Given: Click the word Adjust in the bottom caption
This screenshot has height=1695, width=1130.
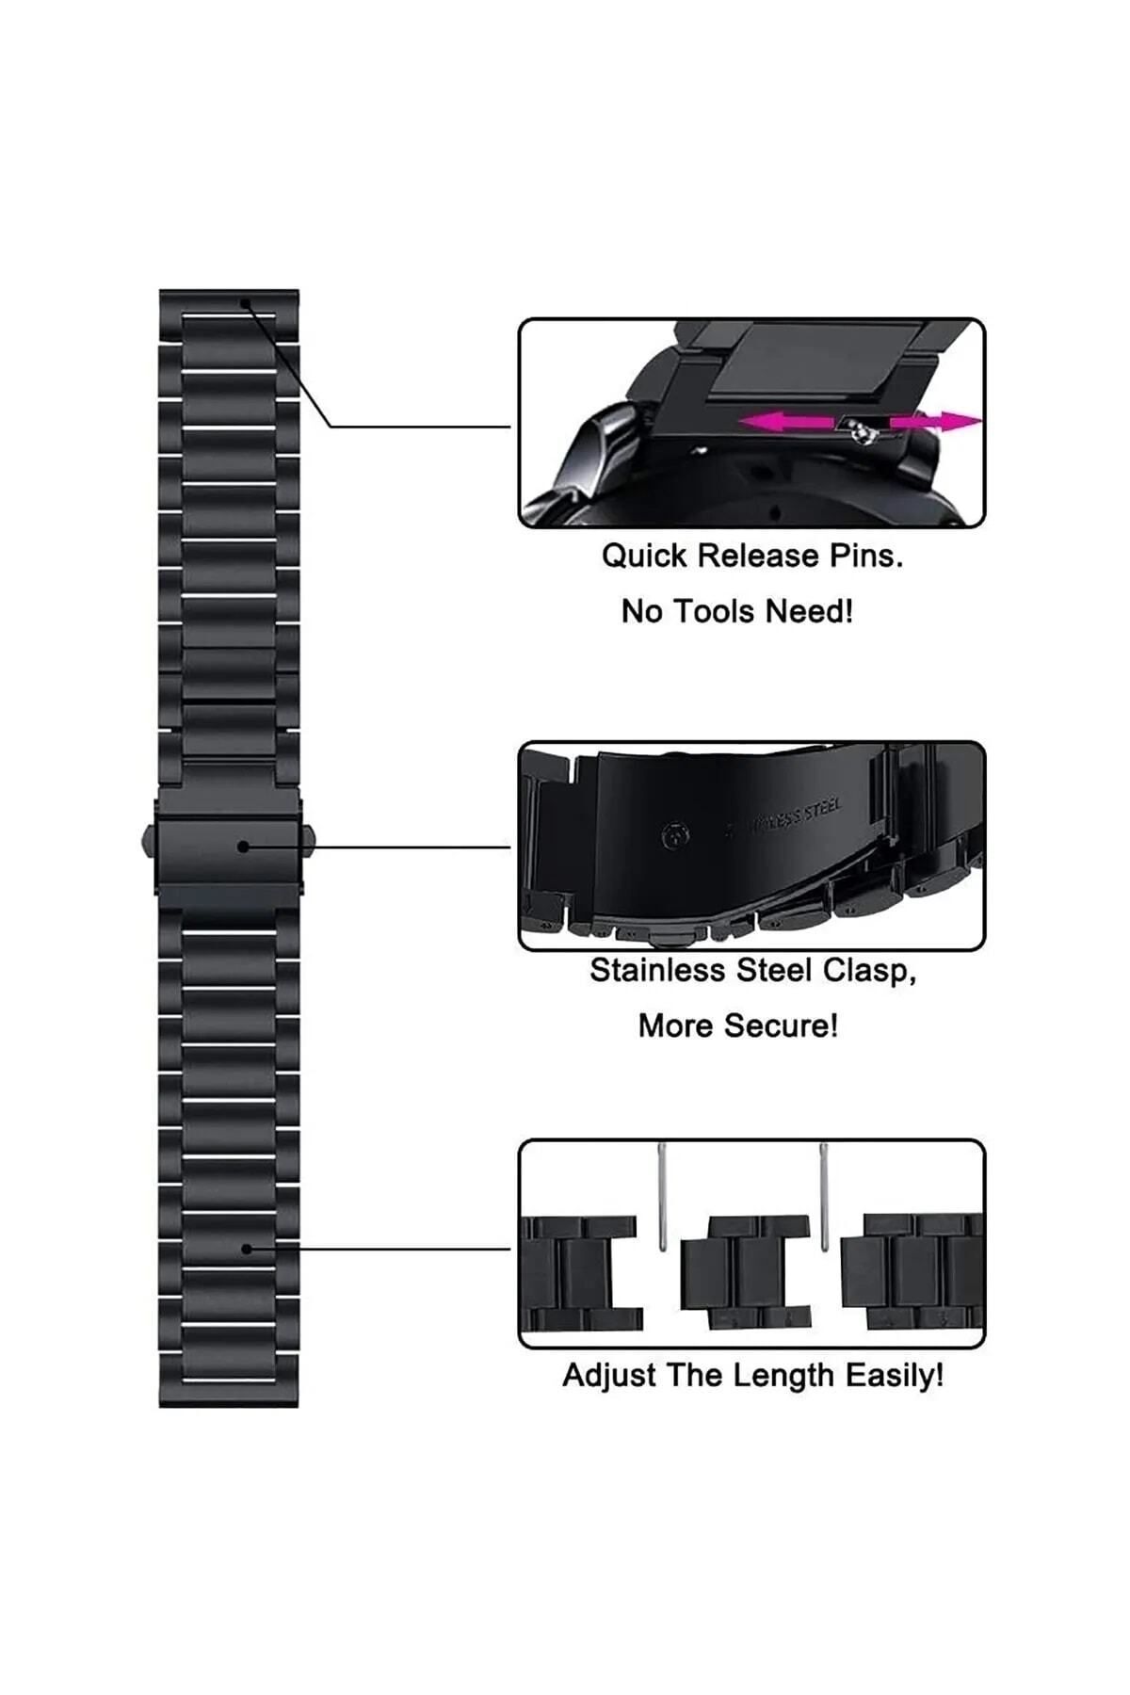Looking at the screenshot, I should pos(609,1376).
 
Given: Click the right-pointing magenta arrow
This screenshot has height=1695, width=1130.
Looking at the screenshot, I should pos(936,422).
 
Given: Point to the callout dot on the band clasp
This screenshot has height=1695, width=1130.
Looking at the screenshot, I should pos(243,847).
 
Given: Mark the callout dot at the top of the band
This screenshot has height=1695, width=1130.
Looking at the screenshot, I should pos(245,303).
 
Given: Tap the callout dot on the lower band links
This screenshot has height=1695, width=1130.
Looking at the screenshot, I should pos(247,1249).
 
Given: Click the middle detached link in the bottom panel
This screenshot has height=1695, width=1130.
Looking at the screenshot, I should pos(745,1271).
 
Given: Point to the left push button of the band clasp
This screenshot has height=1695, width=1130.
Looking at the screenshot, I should pos(148,840).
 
